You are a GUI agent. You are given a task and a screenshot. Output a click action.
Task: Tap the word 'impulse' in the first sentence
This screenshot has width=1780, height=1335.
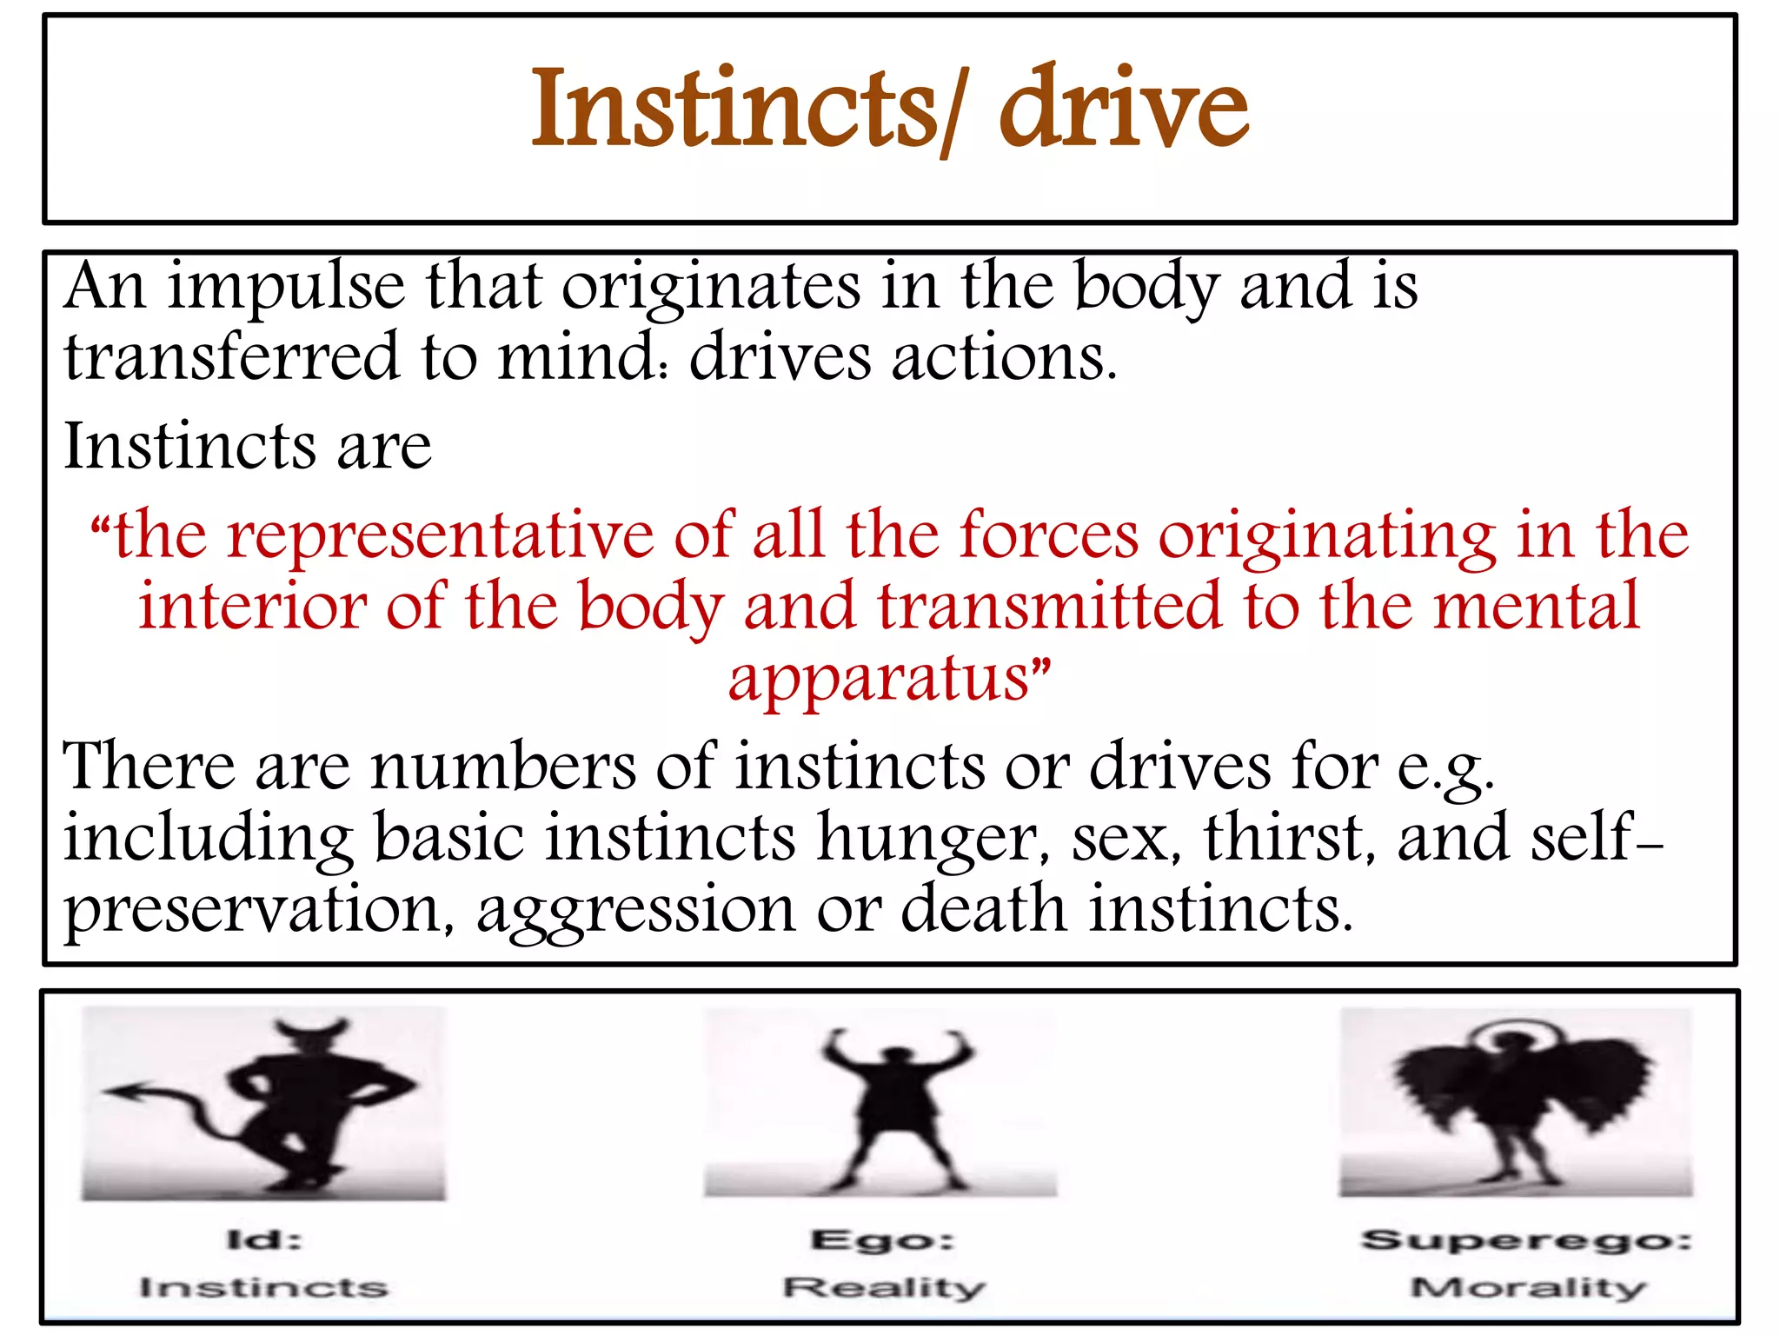point(286,287)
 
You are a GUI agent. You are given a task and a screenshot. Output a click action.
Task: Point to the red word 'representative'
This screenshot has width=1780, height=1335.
point(440,535)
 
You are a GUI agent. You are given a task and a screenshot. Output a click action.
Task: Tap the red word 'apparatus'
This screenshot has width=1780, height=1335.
point(878,679)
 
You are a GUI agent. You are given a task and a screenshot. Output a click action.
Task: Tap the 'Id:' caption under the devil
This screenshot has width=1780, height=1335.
point(264,1239)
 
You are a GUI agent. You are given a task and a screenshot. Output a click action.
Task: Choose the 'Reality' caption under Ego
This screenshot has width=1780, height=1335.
point(884,1286)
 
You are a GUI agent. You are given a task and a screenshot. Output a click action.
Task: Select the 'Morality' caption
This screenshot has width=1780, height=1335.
point(1528,1286)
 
